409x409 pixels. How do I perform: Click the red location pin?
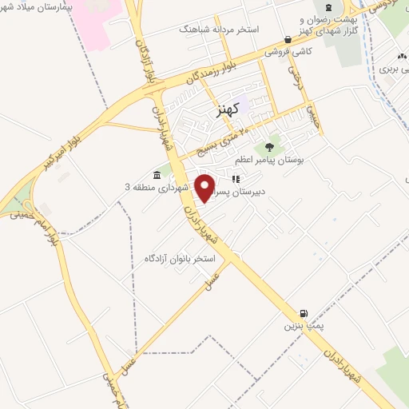coord(206,188)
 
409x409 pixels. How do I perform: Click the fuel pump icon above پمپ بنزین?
coord(303,313)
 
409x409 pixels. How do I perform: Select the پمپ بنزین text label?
coord(302,327)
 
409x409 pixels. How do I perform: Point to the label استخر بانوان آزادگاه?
coord(177,259)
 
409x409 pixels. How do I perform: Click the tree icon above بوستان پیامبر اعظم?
coord(269,147)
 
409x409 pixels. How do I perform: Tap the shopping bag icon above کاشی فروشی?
coord(288,39)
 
